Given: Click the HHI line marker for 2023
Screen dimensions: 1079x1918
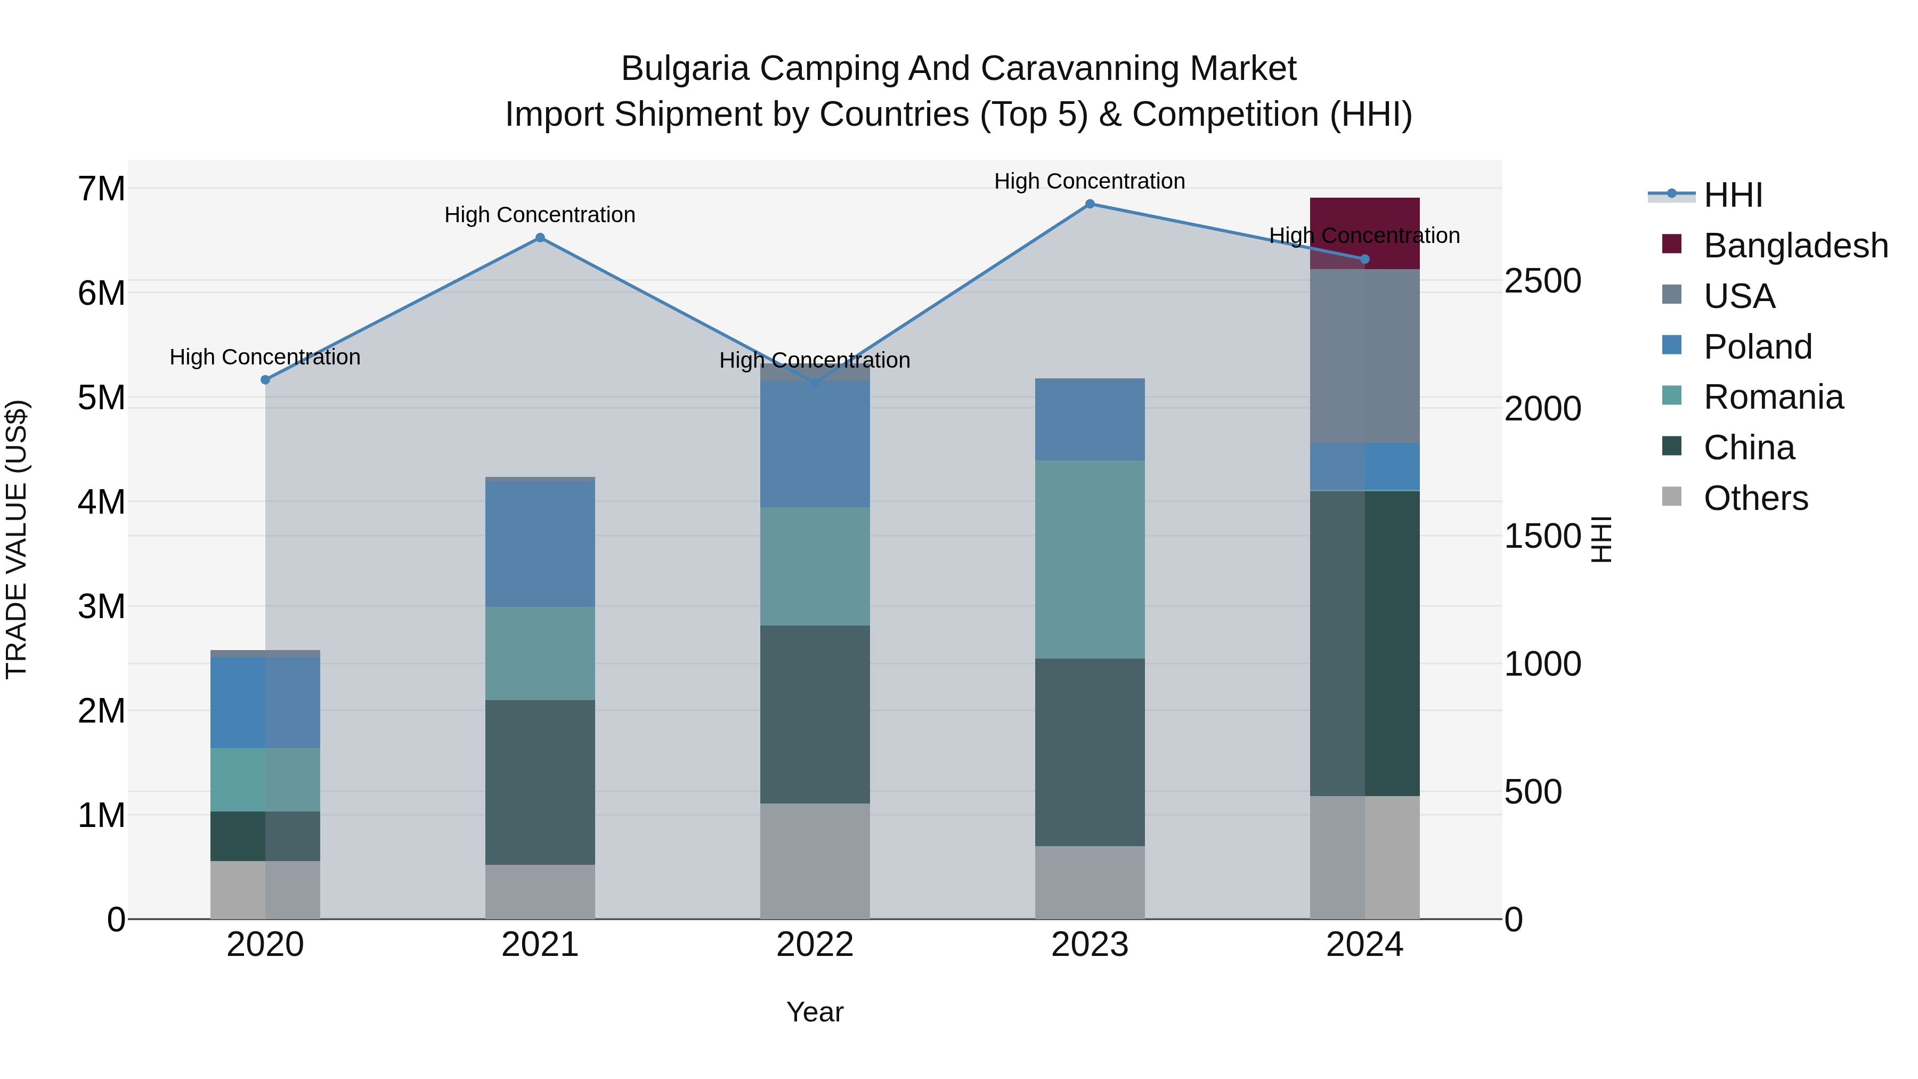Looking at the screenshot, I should click(x=1090, y=204).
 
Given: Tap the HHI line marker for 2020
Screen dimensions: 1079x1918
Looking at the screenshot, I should click(x=265, y=380).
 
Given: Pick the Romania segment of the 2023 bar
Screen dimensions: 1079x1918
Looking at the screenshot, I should click(x=1090, y=559).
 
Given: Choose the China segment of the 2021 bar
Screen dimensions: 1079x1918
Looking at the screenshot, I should click(x=540, y=782).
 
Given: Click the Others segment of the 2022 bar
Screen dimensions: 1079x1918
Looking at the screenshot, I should click(x=815, y=861).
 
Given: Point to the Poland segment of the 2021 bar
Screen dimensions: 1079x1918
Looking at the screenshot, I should click(x=540, y=543).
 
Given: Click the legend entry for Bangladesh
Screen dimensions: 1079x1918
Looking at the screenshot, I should click(x=1795, y=246).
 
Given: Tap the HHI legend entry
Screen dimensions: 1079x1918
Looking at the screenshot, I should click(x=1733, y=195).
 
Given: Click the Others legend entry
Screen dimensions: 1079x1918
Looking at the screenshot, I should click(x=1755, y=498).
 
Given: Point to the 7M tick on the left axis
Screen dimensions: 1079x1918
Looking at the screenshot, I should click(x=101, y=189).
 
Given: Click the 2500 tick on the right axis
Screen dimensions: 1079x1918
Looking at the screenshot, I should click(x=1542, y=281).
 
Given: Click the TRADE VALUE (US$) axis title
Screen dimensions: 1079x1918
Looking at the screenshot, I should click(x=17, y=539).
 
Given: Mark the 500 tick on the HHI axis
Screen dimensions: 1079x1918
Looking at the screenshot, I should click(x=1533, y=792).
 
